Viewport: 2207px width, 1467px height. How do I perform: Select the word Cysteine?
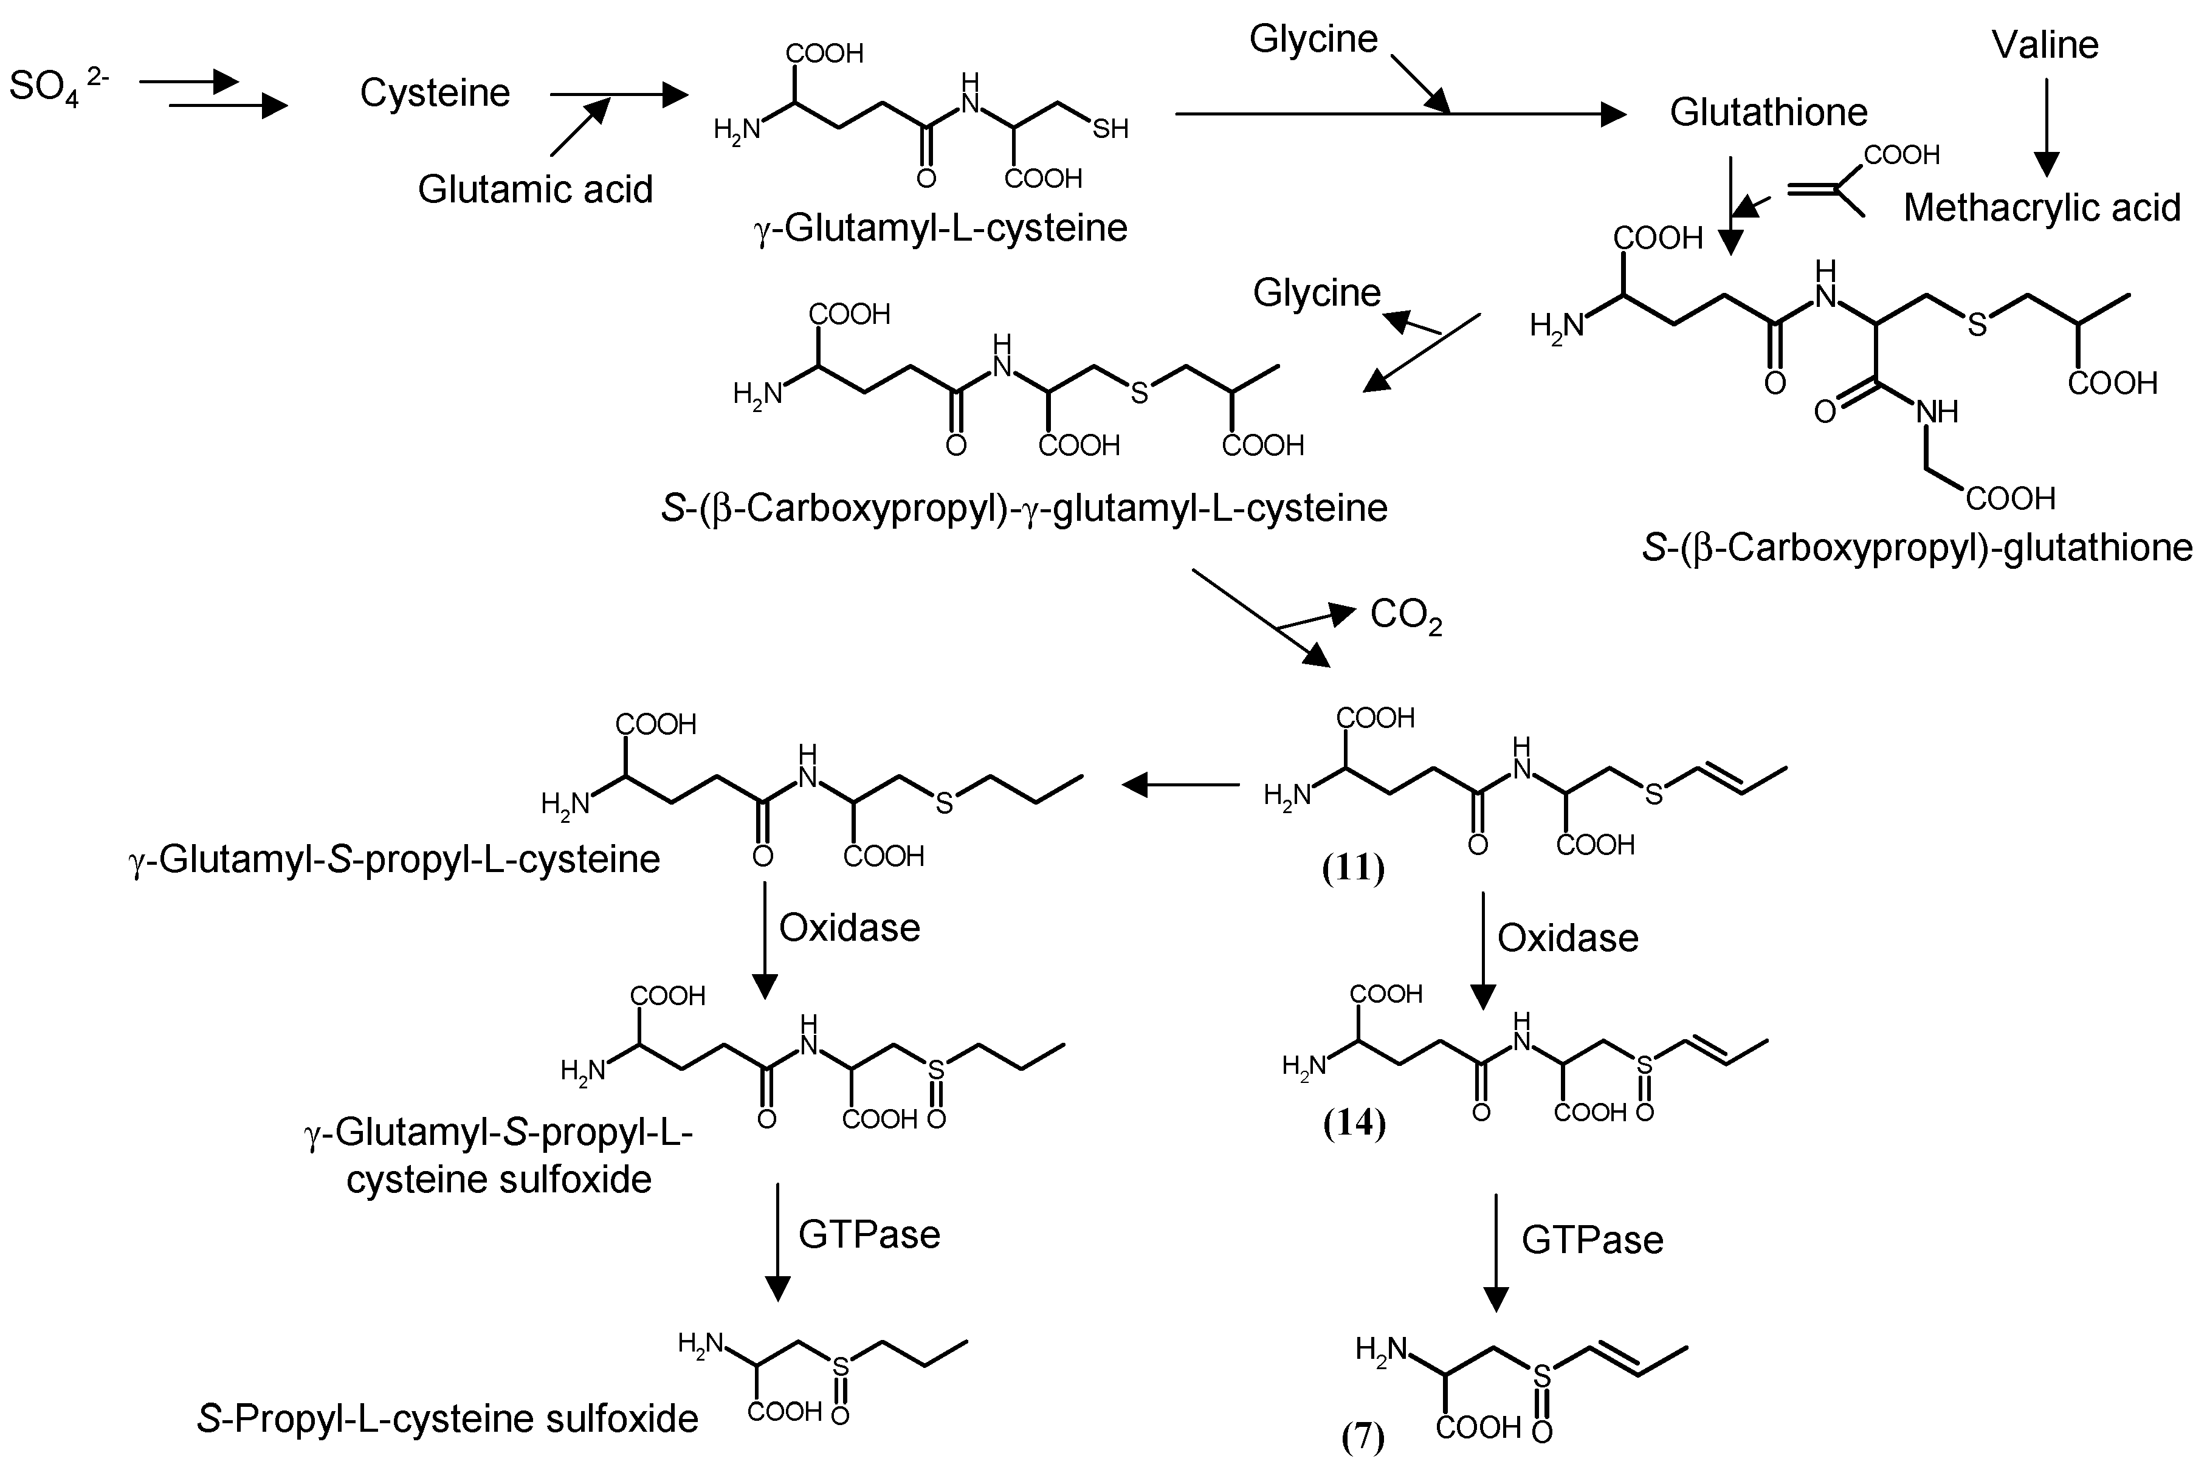(x=435, y=92)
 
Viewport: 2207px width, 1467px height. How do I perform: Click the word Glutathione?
(x=1768, y=112)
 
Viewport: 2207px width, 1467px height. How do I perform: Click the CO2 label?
(x=1405, y=617)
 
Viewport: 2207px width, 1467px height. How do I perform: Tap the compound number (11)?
(x=1353, y=869)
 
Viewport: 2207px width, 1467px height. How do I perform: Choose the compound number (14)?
(x=1354, y=1122)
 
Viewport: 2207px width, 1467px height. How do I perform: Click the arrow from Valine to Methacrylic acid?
(x=2046, y=126)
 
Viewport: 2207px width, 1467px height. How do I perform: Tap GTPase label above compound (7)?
(x=1592, y=1240)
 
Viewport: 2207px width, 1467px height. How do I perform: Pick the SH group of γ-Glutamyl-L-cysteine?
(x=1110, y=129)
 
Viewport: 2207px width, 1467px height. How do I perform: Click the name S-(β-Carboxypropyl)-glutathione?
(x=1917, y=548)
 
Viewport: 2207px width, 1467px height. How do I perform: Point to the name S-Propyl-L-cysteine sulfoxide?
(x=447, y=1419)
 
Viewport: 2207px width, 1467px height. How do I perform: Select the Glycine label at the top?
(x=1314, y=40)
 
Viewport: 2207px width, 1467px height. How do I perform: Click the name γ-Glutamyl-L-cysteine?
(x=940, y=227)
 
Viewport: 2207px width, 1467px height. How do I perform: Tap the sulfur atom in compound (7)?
(x=1541, y=1375)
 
